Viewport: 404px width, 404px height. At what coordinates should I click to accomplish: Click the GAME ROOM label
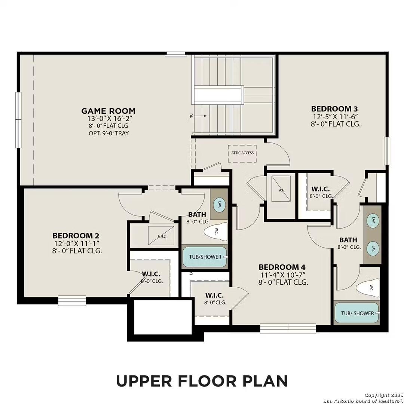click(x=108, y=111)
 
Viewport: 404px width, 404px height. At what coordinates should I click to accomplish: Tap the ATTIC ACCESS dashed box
click(x=242, y=153)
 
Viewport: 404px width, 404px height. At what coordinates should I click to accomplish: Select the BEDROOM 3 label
click(x=336, y=108)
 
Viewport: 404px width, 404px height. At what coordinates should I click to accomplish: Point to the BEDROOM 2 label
click(x=76, y=236)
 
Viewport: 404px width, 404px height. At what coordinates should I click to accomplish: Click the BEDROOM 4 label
click(x=282, y=267)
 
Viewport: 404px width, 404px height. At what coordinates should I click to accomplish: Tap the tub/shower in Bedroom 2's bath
click(x=204, y=257)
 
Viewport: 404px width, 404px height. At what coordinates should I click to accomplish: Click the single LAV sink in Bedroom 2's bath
click(x=219, y=204)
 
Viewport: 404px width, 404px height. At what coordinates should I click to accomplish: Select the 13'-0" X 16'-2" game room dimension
click(x=108, y=118)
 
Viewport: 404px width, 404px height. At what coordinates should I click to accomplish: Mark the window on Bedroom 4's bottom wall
click(x=288, y=328)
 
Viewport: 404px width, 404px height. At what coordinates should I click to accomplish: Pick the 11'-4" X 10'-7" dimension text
click(x=282, y=275)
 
